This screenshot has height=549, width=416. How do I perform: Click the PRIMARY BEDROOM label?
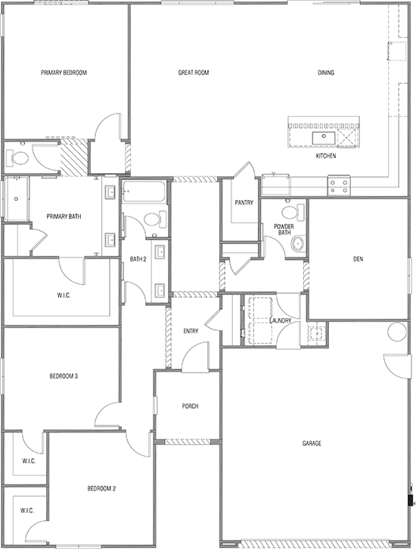pos(64,73)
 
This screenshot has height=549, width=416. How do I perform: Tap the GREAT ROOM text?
pos(193,73)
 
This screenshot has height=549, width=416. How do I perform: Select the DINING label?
pos(326,73)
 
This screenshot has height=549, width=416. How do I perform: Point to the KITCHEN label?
pos(325,155)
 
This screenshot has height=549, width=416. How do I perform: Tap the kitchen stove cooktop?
pos(338,182)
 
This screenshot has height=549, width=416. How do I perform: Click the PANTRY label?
pos(244,202)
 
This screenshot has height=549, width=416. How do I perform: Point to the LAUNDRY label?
pos(281,321)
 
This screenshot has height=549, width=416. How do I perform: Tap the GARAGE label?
pos(311,444)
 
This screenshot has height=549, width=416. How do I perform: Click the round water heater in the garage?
pos(396,331)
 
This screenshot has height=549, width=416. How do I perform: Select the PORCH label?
pos(190,407)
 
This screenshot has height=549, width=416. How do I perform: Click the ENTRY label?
pos(191,331)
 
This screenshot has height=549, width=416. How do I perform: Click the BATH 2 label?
pos(137,259)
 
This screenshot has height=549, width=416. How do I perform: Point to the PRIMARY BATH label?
pos(63,217)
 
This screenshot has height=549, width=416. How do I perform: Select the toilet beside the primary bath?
pos(19,158)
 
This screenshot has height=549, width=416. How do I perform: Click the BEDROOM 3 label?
pos(64,376)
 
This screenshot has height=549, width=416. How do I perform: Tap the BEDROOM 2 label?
pos(101,488)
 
